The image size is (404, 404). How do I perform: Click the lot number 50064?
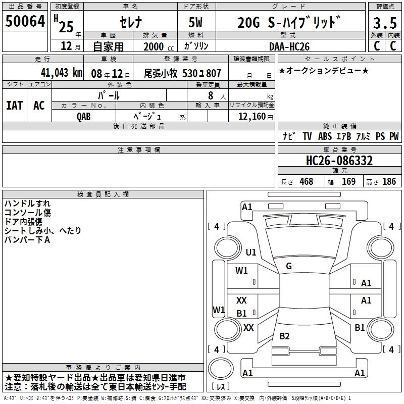pos(25,21)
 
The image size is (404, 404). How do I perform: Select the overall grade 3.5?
pos(385,23)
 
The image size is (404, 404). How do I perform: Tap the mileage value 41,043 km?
pos(61,73)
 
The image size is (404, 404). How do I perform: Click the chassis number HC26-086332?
pos(339,161)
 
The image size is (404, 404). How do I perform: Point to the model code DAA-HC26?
pos(289,46)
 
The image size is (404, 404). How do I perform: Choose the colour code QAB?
pos(84,117)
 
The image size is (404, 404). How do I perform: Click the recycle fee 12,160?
pos(251,117)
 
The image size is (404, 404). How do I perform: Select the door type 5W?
pos(195,22)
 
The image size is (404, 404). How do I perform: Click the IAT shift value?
pos(15,106)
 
